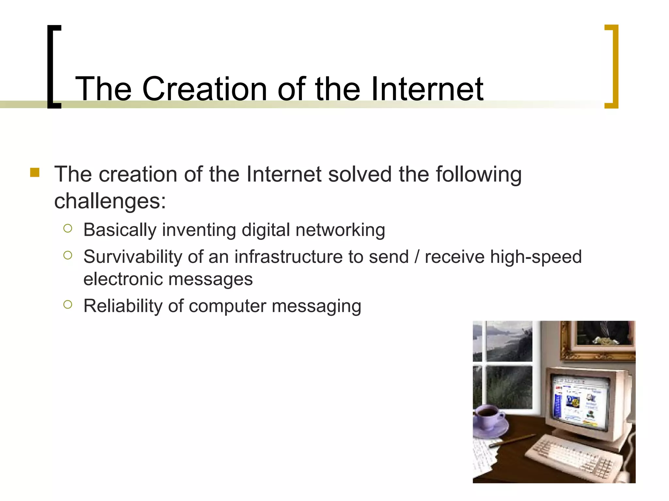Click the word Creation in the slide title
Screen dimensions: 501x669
tap(204, 89)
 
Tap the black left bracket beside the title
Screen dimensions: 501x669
tap(52, 67)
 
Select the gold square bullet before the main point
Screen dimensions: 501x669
tap(35, 172)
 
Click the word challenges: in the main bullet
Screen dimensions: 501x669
tap(110, 201)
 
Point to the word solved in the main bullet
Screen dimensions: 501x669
tap(360, 174)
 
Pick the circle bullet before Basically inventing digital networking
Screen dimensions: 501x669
tap(68, 228)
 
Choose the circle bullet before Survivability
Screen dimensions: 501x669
tap(68, 255)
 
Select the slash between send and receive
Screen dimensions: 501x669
tap(416, 257)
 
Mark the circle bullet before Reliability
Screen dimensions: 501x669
tap(68, 305)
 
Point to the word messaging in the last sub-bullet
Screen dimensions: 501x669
tap(316, 307)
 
